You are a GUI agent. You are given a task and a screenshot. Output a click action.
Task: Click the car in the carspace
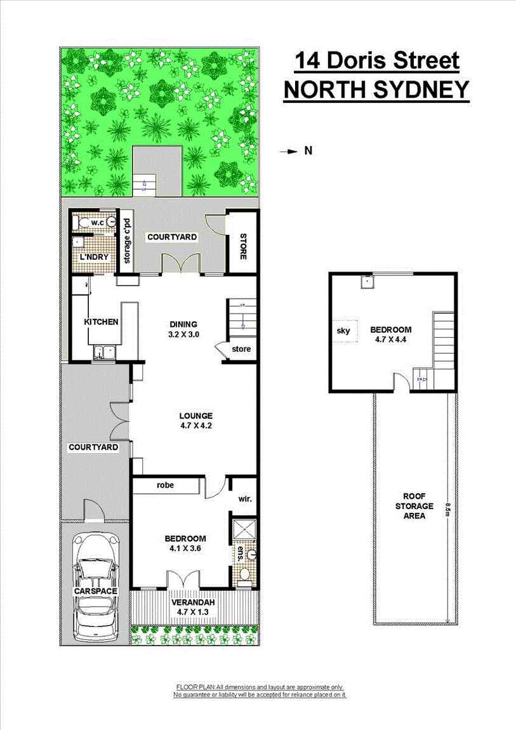click(96, 587)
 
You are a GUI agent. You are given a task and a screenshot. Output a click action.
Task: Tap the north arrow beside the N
click(289, 151)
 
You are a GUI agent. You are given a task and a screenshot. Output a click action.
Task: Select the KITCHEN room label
click(102, 322)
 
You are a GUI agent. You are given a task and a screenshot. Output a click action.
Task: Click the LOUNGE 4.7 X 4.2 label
click(196, 421)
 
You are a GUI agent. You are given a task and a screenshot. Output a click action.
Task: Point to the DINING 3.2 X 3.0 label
click(184, 328)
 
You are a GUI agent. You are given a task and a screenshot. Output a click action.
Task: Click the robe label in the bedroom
click(167, 486)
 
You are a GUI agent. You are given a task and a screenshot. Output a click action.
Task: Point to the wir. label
click(245, 498)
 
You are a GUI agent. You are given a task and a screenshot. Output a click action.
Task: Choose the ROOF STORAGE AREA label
click(418, 506)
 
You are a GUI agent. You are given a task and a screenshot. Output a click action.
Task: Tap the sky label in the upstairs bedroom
click(343, 331)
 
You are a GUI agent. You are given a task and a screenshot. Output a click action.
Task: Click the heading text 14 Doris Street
click(376, 62)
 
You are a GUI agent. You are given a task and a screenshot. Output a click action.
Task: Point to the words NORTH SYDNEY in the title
click(376, 90)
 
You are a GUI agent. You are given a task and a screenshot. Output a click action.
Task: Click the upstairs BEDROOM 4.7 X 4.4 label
click(391, 335)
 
